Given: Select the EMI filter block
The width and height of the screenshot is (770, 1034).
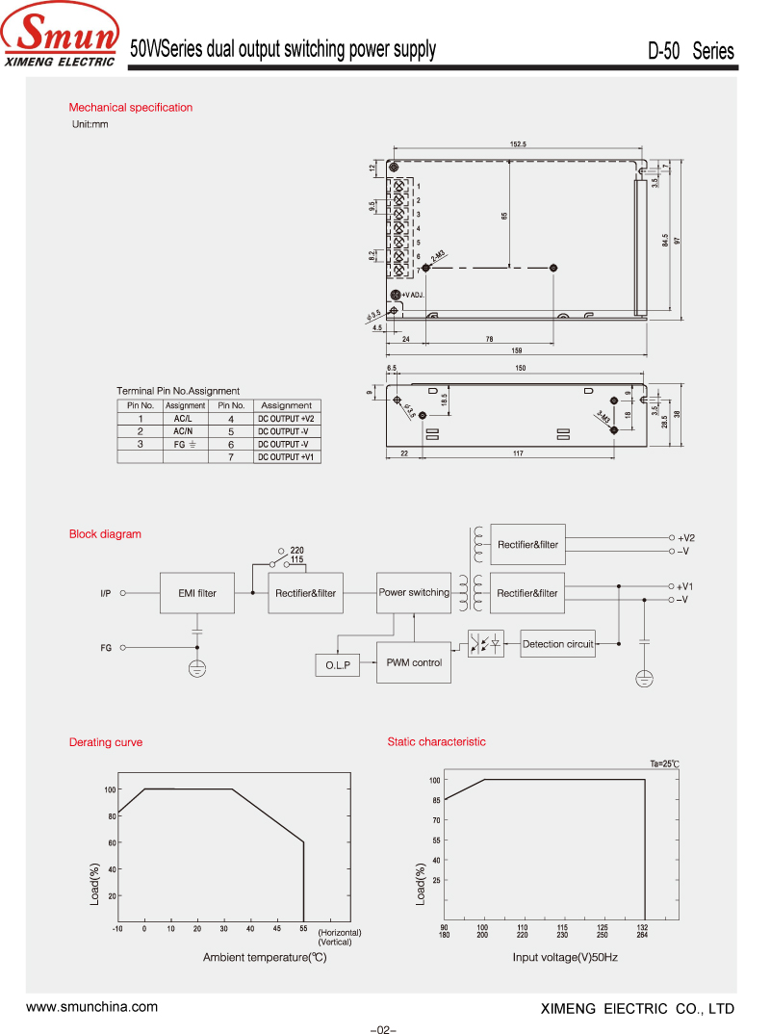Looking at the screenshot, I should (197, 593).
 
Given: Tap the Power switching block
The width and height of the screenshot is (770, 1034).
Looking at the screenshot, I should (414, 593).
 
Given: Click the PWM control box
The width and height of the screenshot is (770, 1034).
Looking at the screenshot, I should (414, 662).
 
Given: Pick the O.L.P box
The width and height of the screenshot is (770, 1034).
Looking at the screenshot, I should (337, 665).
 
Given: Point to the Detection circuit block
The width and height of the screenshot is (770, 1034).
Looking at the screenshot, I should (558, 644).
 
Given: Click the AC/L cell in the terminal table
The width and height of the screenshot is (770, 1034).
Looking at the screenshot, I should (184, 419).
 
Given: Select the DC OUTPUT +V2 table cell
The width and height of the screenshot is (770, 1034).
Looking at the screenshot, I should (286, 419).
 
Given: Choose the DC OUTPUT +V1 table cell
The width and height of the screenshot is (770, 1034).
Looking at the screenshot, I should (286, 456).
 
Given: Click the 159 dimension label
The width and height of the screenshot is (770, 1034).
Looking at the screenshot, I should (517, 349).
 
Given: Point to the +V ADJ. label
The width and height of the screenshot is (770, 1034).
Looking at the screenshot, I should (414, 294).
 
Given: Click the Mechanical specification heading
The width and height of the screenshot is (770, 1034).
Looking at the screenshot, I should (131, 108).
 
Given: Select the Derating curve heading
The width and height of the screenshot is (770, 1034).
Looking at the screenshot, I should (106, 742).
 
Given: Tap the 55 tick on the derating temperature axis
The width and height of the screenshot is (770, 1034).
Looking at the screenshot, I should (303, 928).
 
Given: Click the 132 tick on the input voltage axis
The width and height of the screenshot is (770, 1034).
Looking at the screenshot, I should (642, 928).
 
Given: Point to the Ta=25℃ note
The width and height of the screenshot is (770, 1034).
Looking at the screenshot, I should (664, 763).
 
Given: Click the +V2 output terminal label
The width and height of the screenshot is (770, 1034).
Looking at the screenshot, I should (685, 537).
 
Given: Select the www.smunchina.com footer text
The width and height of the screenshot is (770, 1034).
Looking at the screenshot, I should (91, 1007).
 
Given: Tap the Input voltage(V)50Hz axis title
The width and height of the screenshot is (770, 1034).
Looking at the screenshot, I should (565, 957).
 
